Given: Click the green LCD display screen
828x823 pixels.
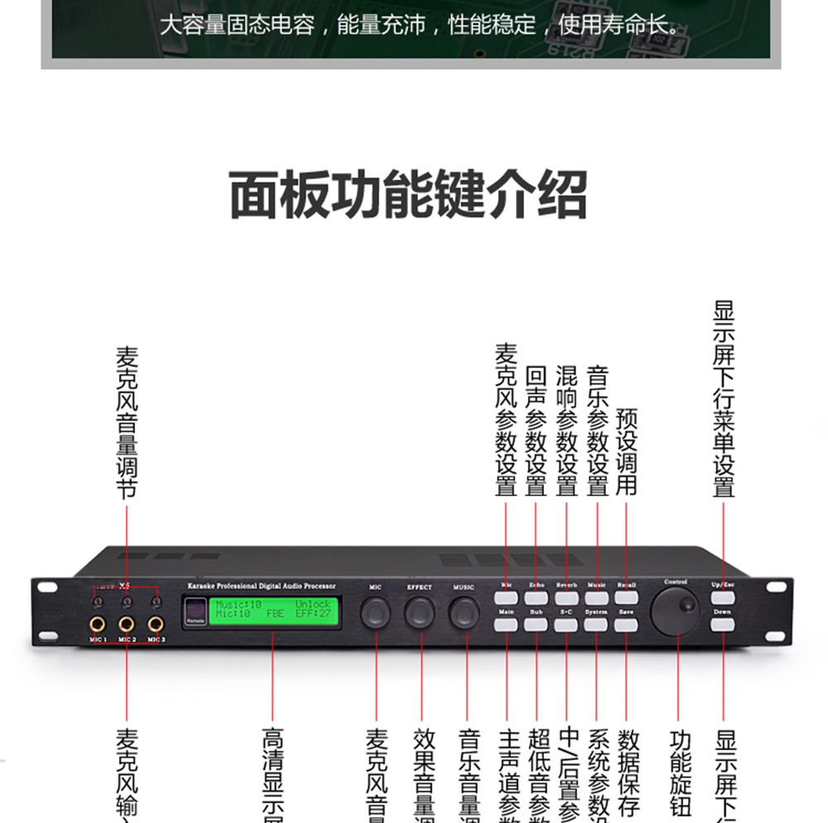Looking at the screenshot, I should [273, 609].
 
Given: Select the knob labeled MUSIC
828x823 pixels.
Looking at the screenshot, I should [465, 612].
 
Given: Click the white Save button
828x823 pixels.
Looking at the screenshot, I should [626, 624].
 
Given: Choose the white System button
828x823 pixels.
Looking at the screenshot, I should [596, 624].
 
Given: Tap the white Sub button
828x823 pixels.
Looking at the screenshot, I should [536, 624].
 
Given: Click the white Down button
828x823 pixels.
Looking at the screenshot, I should [723, 624].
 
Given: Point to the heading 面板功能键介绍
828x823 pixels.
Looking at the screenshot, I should [407, 195].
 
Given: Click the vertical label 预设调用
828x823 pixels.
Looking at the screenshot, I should [627, 451].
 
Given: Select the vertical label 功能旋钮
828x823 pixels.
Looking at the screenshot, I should [680, 773].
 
